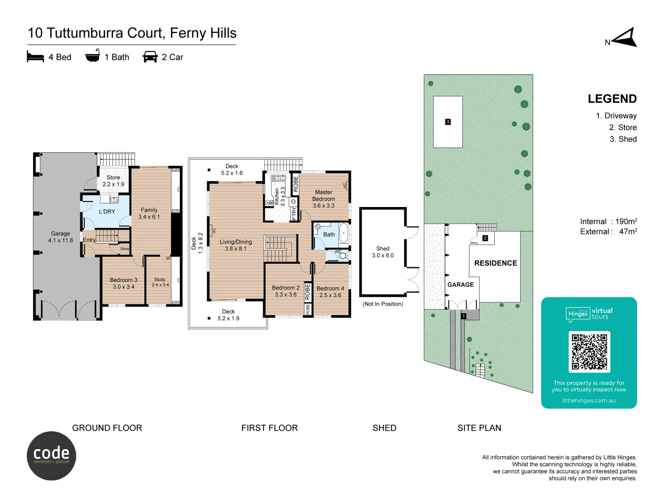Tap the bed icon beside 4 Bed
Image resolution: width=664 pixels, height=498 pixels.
pos(36,57)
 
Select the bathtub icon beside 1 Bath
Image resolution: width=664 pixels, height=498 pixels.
pos(93,56)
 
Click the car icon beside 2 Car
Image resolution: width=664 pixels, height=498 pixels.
pos(150,57)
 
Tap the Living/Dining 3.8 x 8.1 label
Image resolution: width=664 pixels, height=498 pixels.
pos(236,245)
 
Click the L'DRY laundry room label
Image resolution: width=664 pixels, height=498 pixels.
pos(107,212)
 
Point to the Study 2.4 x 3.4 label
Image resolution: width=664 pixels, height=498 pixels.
pos(160,282)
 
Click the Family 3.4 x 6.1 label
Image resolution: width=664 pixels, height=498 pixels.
pos(149,213)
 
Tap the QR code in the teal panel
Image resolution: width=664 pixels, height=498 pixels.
pos(589,352)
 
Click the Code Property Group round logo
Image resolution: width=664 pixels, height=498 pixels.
pos(51,456)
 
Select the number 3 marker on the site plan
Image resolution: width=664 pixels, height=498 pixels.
pos(448,122)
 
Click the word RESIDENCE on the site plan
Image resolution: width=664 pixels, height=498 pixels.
pos(495,263)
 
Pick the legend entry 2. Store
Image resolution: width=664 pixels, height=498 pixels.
pos(622,127)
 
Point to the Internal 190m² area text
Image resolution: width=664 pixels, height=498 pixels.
pos(608,221)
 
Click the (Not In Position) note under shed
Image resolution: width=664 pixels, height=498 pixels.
pos(383,304)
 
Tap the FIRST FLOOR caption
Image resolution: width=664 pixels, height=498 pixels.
pos(269,428)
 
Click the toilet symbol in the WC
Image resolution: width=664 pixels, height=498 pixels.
pos(343,255)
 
